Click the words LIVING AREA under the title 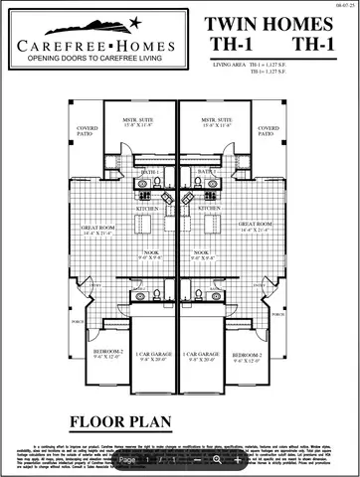point(230,64)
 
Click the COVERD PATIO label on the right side point(269,132)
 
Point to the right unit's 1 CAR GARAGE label point(202,356)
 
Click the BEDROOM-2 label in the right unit point(249,356)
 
